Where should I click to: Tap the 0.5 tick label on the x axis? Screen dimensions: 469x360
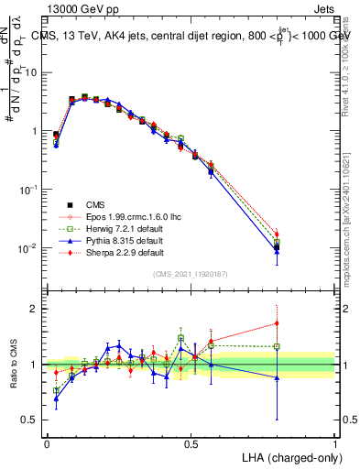[x=191, y=443]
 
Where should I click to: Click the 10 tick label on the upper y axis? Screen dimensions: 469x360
[x=35, y=71]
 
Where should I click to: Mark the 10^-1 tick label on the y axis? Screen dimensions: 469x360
[x=31, y=189]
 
